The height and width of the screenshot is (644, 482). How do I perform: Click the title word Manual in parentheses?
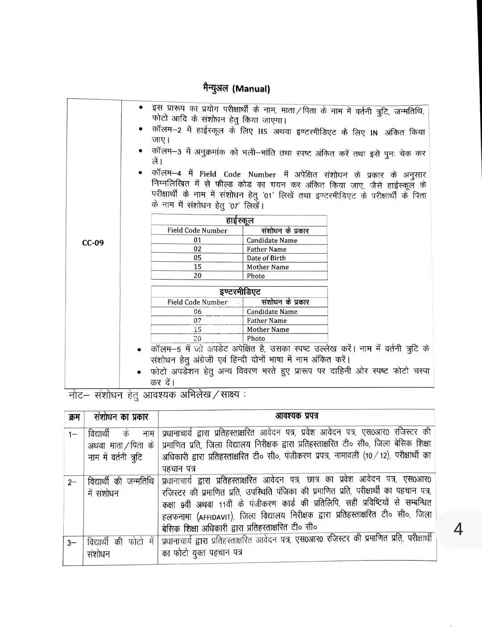[x=251, y=89]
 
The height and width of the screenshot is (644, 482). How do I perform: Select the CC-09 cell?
[x=93, y=243]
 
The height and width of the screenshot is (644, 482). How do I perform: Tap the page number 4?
[x=458, y=529]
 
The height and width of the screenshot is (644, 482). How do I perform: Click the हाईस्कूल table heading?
[x=240, y=221]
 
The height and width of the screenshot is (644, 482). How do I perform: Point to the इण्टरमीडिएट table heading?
[x=240, y=292]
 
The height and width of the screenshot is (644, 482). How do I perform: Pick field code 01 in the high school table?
[x=197, y=240]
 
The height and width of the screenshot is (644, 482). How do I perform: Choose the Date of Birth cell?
[x=266, y=258]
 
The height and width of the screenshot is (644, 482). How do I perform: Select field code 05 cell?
[x=197, y=258]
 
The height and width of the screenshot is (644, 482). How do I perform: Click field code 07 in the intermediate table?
[x=197, y=321]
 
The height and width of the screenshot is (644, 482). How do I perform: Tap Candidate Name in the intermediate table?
[x=272, y=312]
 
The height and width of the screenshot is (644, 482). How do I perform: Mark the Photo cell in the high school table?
[x=256, y=276]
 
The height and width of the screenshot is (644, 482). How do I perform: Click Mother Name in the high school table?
[x=268, y=267]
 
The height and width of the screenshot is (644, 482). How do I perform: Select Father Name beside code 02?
[x=266, y=249]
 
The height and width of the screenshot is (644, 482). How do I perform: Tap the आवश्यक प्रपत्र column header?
[x=296, y=416]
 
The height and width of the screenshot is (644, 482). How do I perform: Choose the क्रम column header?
[x=74, y=417]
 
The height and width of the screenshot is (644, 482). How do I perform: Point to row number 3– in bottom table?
[x=72, y=543]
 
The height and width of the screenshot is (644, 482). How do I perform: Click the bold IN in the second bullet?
[x=374, y=133]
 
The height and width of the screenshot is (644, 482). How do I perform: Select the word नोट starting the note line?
[x=79, y=396]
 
